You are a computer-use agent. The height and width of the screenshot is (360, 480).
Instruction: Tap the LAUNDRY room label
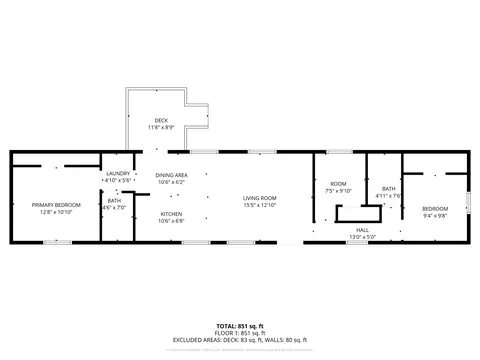[x=117, y=173]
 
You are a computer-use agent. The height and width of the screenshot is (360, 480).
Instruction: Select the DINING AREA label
[x=172, y=176]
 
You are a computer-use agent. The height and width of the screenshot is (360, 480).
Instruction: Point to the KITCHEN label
[x=172, y=214]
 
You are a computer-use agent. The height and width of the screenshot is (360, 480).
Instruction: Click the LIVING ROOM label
[x=260, y=198]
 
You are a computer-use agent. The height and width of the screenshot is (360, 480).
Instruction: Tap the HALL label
[x=361, y=229]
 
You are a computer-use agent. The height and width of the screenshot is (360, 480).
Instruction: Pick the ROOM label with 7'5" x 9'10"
[x=338, y=184]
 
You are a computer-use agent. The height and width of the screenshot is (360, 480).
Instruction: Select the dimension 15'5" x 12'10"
[x=260, y=205]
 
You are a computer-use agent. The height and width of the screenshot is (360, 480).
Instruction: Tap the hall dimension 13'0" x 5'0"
[x=361, y=236]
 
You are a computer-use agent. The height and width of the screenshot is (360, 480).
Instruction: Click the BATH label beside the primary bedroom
[x=114, y=200]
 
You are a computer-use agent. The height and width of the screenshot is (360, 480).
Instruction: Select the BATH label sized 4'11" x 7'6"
[x=390, y=189]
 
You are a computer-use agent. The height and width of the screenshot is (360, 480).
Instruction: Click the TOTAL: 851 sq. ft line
[x=240, y=326]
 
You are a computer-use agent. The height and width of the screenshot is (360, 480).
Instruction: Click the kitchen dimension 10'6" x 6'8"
[x=172, y=221]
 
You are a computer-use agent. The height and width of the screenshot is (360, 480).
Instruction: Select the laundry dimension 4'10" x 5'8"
[x=117, y=180]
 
